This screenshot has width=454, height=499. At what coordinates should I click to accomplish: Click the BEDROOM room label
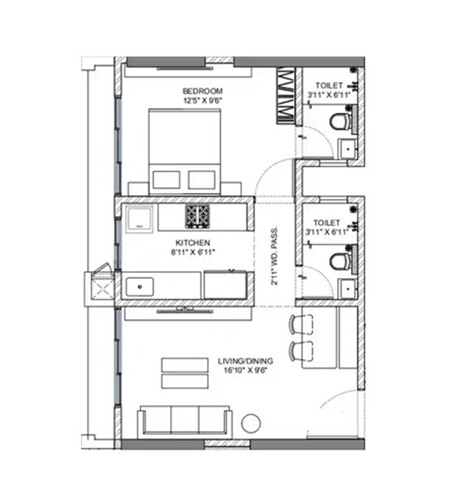tap(202, 91)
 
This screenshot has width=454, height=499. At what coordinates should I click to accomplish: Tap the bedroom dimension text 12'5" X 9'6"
tap(202, 100)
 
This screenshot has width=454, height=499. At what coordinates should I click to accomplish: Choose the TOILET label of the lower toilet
tap(328, 222)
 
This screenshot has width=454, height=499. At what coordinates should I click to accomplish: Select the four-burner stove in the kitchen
tap(196, 216)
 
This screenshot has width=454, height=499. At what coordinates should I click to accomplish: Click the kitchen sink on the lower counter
tap(139, 285)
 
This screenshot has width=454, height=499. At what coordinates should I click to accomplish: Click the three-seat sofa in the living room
tap(184, 421)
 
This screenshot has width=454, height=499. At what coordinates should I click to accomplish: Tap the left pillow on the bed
tap(165, 180)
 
